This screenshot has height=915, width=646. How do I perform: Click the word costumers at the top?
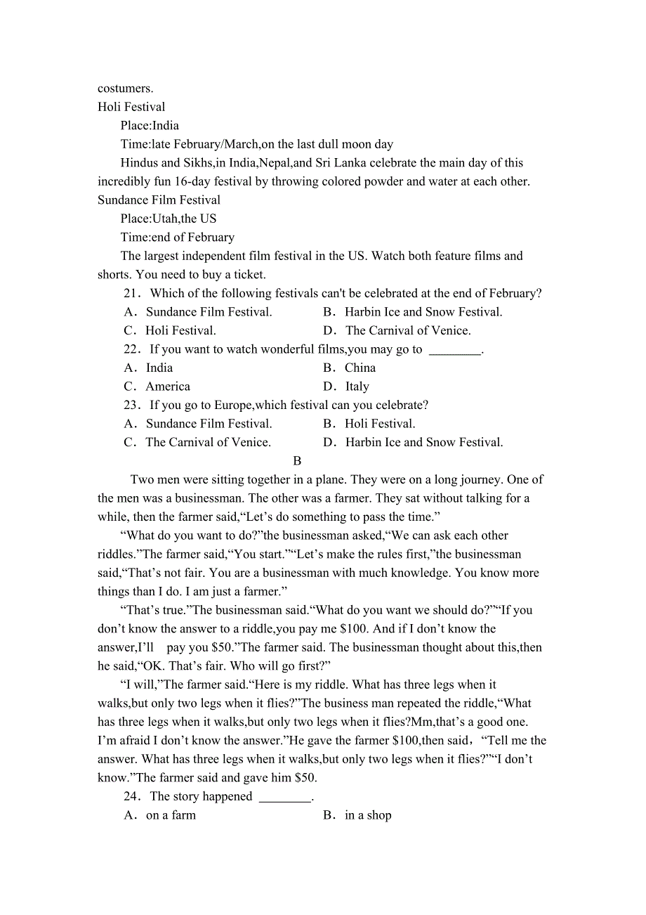tap(125, 89)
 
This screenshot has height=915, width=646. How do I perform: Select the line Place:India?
tap(150, 126)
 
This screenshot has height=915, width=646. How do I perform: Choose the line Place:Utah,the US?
tap(169, 219)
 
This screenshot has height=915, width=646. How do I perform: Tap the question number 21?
tap(131, 293)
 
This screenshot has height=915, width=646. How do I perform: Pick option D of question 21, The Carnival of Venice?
tap(407, 330)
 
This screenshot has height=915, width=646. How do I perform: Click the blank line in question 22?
tap(455, 349)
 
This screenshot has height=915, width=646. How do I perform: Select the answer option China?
tap(360, 368)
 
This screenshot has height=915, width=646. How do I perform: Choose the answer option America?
tap(168, 387)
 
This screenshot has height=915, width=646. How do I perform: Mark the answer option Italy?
tap(357, 387)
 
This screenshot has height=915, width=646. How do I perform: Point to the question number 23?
tap(131, 405)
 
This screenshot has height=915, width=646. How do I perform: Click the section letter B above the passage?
tap(297, 461)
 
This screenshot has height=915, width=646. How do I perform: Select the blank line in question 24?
tap(285, 797)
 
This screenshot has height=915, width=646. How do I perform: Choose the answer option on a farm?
tap(171, 815)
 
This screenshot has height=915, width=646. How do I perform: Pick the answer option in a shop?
tap(368, 815)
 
